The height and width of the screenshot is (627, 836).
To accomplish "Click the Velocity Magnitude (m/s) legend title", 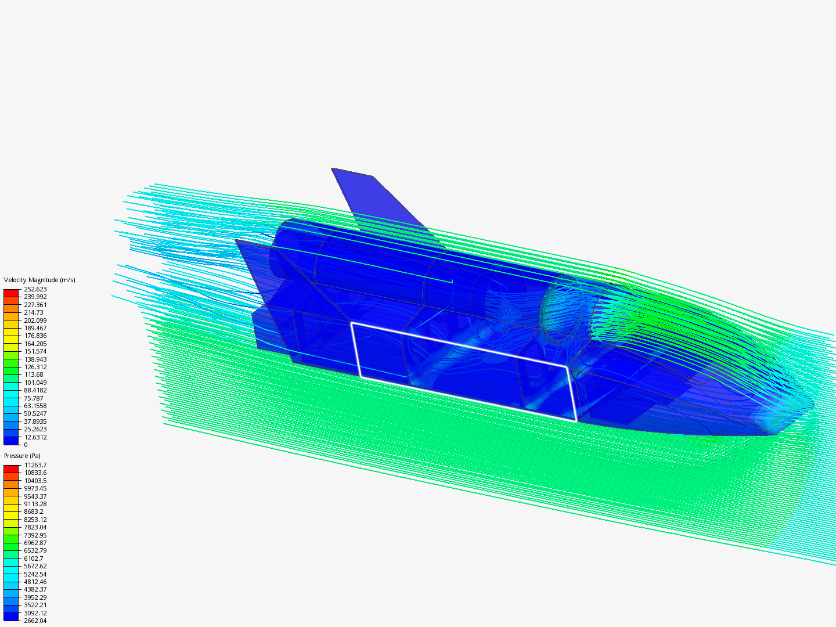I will (39, 280).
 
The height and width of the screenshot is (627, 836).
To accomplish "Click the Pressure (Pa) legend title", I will (22, 456).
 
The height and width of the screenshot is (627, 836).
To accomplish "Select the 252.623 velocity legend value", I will (35, 289).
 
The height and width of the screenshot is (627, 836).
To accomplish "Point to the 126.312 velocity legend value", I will (35, 367).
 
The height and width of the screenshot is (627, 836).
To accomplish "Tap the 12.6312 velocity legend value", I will (35, 437).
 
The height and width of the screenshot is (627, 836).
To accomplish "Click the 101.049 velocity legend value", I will (35, 383).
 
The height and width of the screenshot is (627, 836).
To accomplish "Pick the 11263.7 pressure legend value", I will (35, 465).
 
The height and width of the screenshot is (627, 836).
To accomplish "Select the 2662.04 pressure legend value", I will (35, 621).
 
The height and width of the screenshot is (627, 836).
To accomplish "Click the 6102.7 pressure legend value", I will (33, 558).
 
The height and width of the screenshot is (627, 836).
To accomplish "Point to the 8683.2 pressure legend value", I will (33, 511).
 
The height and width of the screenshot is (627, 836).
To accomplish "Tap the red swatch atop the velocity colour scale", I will (11, 293).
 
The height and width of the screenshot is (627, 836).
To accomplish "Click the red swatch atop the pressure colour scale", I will (11, 469).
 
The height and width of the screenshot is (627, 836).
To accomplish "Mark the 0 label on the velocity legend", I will (26, 445).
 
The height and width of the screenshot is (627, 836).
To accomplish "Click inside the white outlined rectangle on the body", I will (464, 372).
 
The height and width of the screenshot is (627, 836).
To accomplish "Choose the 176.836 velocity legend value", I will (35, 336).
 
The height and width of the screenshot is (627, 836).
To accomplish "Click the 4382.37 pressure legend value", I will (35, 589).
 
